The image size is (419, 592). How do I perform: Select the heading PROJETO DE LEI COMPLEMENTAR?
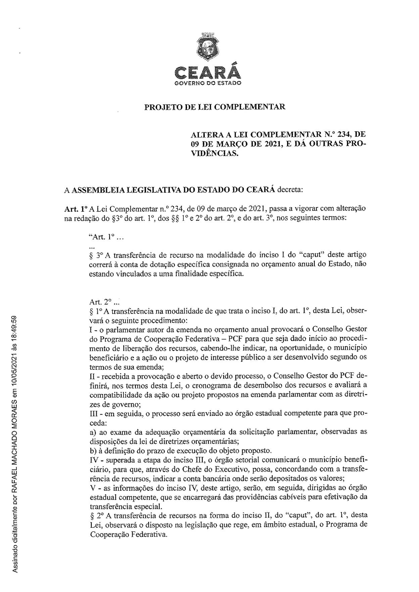pyautogui.click(x=215, y=107)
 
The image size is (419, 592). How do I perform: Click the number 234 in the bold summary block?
pyautogui.click(x=342, y=135)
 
